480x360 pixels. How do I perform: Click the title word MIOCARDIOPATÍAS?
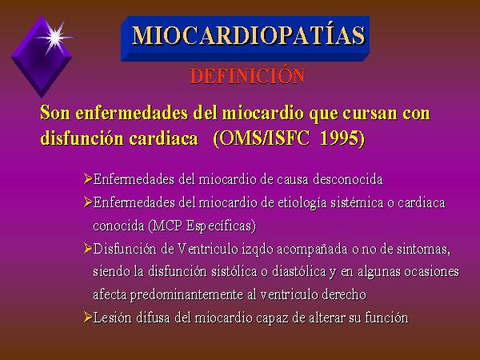point(248,35)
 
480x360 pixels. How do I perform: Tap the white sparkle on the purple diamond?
point(55,38)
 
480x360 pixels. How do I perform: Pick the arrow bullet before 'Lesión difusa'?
point(88,317)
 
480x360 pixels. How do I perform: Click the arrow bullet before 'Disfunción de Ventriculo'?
point(88,248)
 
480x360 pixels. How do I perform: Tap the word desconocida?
point(348,179)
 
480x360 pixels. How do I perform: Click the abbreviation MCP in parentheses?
point(167,226)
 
